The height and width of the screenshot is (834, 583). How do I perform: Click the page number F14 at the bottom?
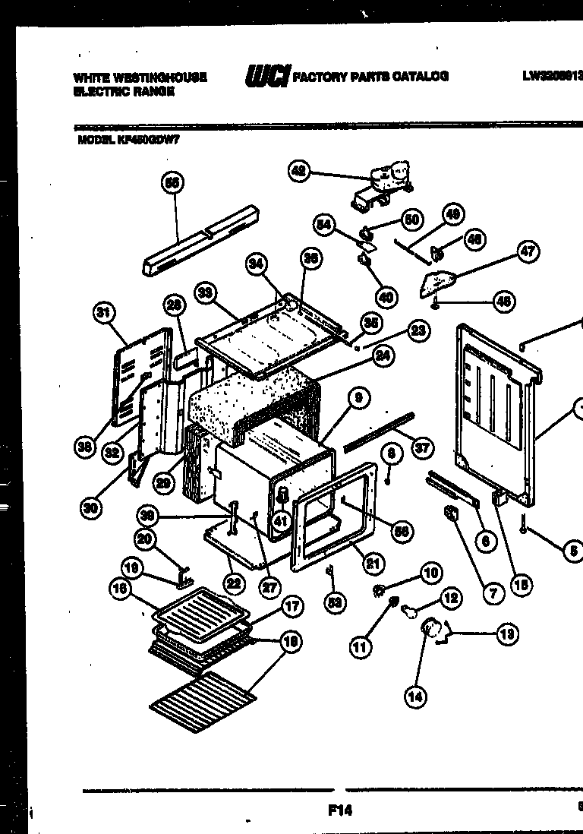tap(340, 810)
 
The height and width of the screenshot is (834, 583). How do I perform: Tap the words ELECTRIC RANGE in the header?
tap(124, 91)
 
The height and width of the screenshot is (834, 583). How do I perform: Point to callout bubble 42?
tap(299, 172)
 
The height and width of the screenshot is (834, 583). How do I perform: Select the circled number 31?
tap(104, 311)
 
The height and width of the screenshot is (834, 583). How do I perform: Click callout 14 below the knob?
tap(414, 697)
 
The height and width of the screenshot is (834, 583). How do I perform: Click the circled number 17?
tap(291, 606)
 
